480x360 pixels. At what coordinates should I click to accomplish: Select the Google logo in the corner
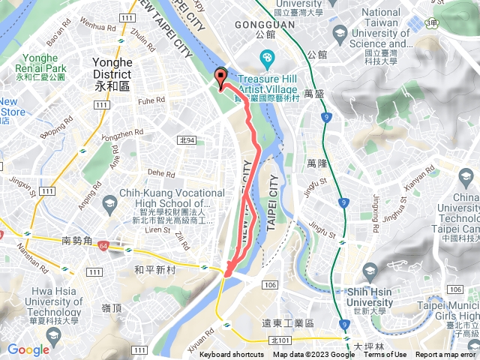coord(28,349)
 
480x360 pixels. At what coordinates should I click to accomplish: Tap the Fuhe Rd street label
coord(151,100)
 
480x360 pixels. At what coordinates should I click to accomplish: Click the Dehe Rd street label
coord(160,172)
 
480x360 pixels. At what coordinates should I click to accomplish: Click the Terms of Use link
coord(385,355)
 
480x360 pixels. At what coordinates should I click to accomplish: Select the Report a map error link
coord(447,355)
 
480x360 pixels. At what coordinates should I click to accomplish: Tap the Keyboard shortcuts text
coord(232,355)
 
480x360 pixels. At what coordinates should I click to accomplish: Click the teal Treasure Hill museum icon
coord(267,58)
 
